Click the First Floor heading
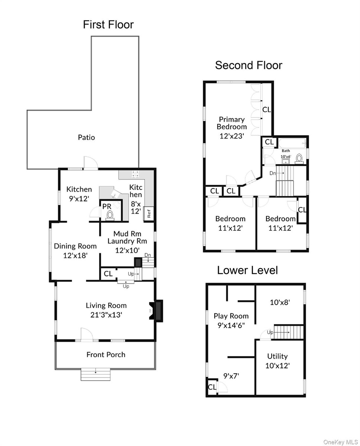tap(108, 25)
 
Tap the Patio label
tap(86, 138)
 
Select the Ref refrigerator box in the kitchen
tap(148, 213)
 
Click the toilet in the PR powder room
tap(110, 215)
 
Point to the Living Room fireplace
tap(156, 311)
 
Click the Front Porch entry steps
tap(95, 375)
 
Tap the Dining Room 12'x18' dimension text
tap(75, 255)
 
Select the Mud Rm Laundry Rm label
tap(127, 237)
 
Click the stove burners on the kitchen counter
tap(135, 174)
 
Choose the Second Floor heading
tap(249, 65)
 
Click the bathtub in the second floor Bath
tap(292, 143)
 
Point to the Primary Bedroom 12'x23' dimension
tap(231, 136)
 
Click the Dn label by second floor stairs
tap(272, 173)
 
